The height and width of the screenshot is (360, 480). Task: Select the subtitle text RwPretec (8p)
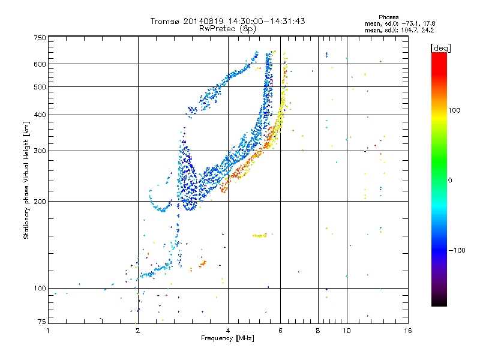point(227,29)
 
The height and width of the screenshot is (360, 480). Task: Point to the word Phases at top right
point(388,17)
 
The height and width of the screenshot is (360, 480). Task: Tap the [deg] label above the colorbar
point(440,48)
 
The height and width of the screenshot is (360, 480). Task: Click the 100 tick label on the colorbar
point(454,110)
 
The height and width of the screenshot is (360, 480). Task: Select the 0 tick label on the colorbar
point(450,181)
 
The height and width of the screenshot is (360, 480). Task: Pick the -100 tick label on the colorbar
point(457,250)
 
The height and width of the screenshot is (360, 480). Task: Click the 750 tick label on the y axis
point(40,38)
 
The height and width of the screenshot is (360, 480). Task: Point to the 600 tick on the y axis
point(40,64)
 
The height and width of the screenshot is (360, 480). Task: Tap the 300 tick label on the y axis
point(40,151)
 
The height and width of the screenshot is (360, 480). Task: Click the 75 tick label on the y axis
point(42,322)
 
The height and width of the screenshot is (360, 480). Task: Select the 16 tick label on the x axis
point(408,331)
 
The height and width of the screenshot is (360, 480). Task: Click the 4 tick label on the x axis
point(228,331)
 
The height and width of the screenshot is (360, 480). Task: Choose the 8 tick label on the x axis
point(318,331)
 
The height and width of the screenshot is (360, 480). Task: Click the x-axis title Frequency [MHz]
point(227,338)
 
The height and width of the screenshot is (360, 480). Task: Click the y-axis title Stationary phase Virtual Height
point(26,180)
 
